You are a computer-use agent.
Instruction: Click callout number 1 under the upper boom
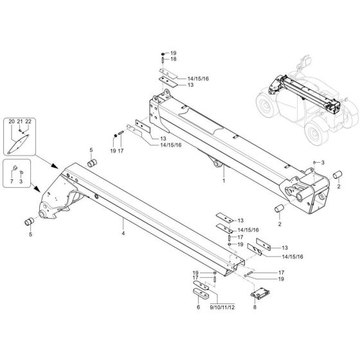coord(223,181)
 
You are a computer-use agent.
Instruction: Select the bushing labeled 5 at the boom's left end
coord(30,222)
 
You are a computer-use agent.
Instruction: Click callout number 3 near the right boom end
coord(323,162)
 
